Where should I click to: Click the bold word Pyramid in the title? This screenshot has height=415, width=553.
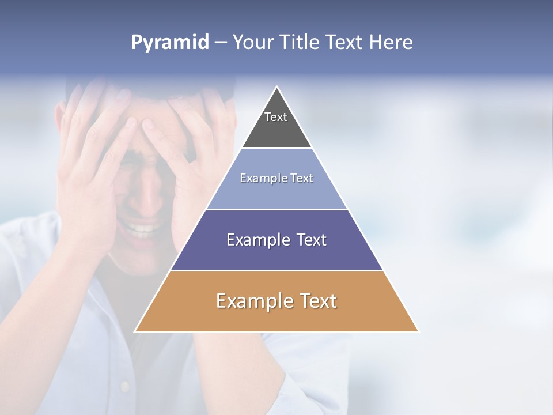pyautogui.click(x=170, y=43)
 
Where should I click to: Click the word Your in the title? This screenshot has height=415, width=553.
pyautogui.click(x=253, y=43)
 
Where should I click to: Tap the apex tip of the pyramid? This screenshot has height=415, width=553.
pyautogui.click(x=276, y=88)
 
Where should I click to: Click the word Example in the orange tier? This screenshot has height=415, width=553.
pyautogui.click(x=252, y=301)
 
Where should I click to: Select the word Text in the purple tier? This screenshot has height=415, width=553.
pyautogui.click(x=309, y=240)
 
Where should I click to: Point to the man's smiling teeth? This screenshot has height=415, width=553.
pyautogui.click(x=141, y=229)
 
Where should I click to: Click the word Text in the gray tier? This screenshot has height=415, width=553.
pyautogui.click(x=276, y=117)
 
